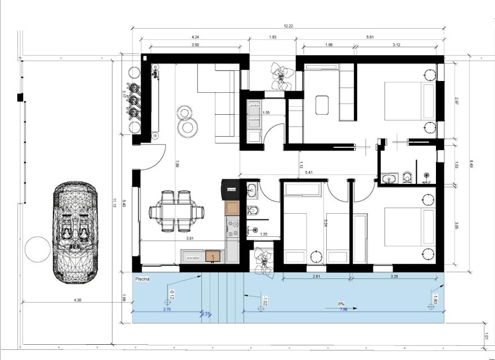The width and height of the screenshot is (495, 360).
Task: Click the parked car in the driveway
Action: coord(75,231)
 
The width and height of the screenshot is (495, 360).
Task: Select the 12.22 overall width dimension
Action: coord(288,25)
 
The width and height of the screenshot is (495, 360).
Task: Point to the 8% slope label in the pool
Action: coord(341,303)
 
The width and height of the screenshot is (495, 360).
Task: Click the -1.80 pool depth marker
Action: coord(434,296)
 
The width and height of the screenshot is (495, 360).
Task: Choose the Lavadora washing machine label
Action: coord(254,105)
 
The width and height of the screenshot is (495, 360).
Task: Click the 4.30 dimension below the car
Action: coord(77,300)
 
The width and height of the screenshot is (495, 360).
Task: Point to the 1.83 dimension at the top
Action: coord(272,37)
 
